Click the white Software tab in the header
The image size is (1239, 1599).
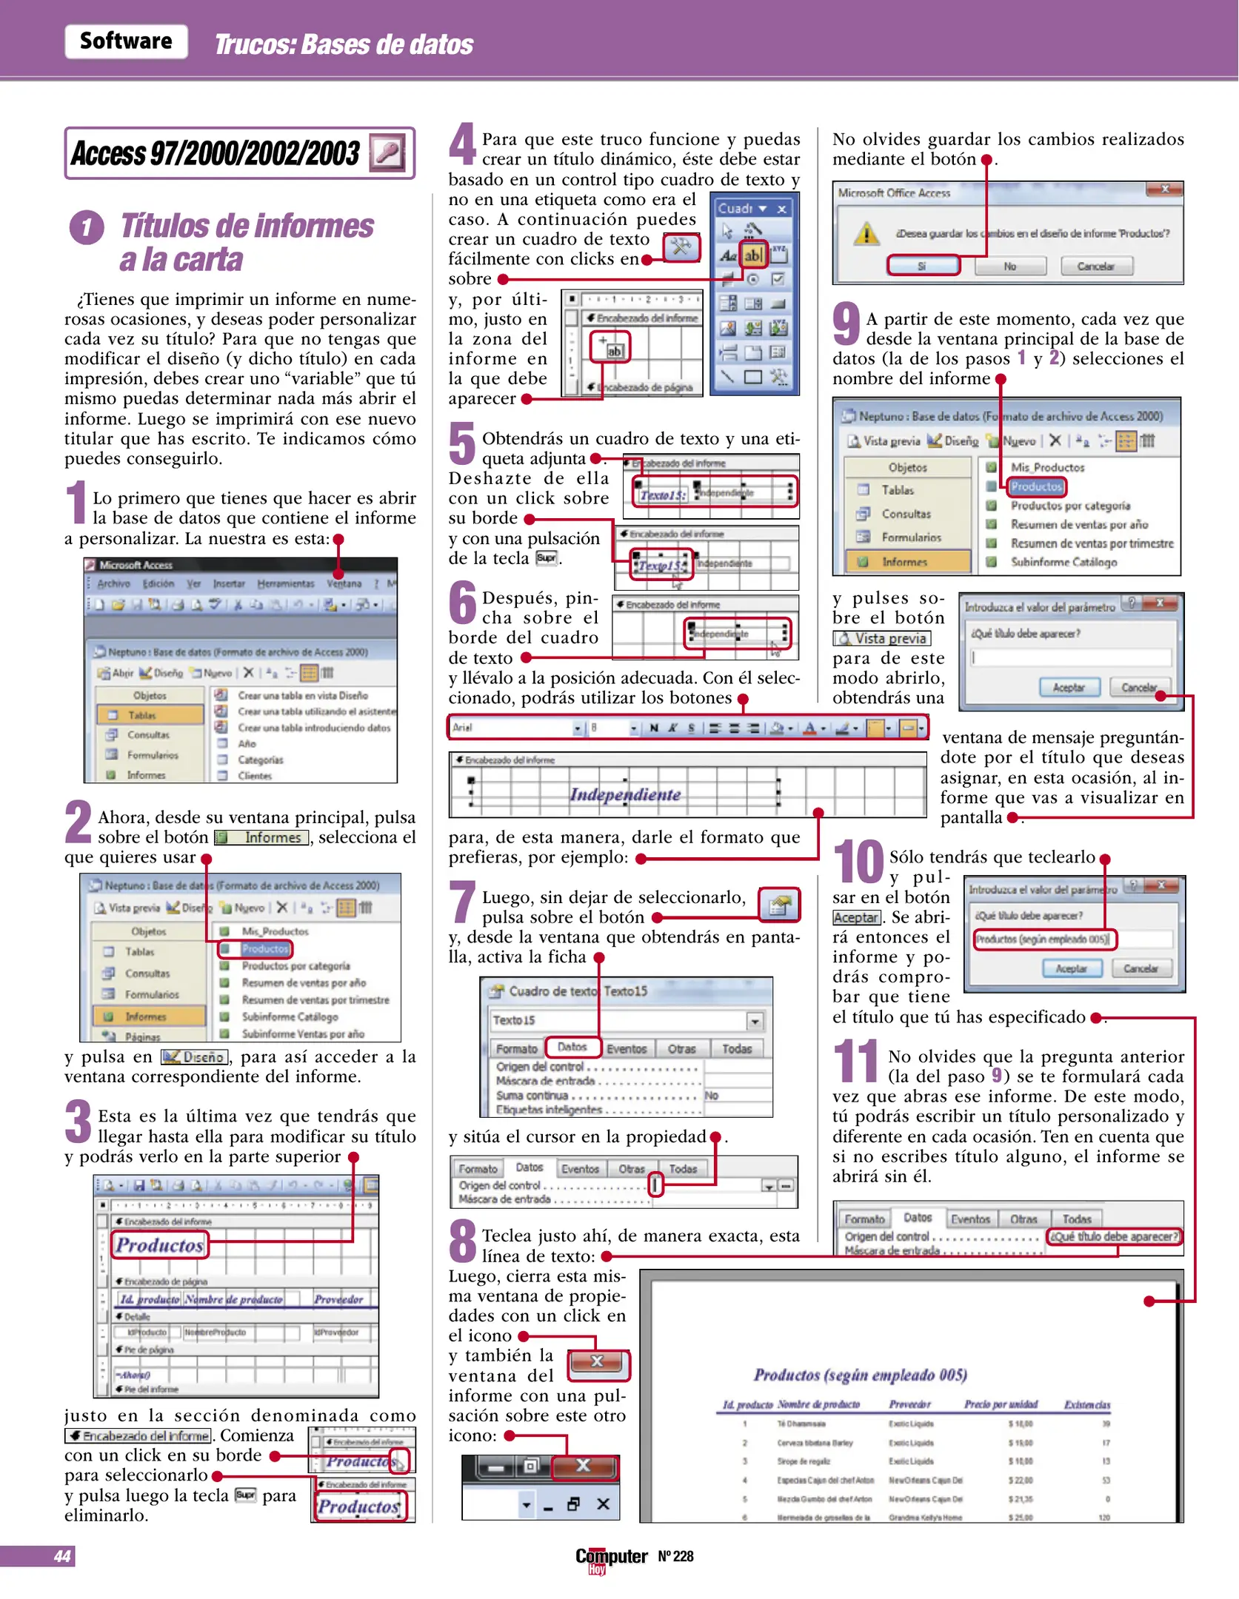point(126,41)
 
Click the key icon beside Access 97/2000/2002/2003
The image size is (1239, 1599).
point(387,153)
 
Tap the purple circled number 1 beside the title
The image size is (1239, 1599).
point(87,227)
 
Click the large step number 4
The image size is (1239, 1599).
point(463,144)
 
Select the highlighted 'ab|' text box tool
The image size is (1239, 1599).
point(752,255)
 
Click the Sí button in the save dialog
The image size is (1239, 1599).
point(923,266)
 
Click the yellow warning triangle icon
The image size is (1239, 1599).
point(866,235)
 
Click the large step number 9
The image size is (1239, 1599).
point(846,325)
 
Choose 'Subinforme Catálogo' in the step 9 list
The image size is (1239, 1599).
point(1063,562)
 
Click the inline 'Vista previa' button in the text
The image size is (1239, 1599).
point(882,638)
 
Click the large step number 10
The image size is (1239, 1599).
point(859,862)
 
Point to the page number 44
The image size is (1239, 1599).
point(62,1556)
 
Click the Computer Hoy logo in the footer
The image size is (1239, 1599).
point(612,1558)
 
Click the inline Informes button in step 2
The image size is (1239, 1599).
point(261,837)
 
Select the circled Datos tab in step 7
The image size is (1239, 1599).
point(572,1047)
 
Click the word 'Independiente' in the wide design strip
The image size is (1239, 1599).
point(625,794)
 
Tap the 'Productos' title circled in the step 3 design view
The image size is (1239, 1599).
point(159,1245)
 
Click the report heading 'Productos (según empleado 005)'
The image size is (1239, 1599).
point(860,1375)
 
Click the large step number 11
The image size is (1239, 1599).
point(856,1062)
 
